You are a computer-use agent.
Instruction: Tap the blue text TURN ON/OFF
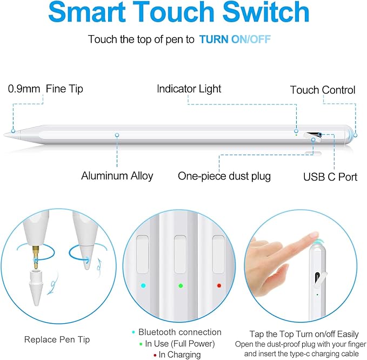pos(235,39)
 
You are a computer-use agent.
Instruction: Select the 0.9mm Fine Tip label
pos(46,89)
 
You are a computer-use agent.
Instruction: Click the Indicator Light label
pos(189,89)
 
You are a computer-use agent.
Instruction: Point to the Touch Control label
pos(323,90)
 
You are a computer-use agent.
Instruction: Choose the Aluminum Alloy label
pos(117,176)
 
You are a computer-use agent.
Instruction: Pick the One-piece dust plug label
pos(224,176)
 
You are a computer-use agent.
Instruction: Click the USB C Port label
pos(330,176)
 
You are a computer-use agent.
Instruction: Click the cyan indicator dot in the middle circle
pos(143,285)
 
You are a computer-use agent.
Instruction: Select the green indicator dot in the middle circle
pos(181,285)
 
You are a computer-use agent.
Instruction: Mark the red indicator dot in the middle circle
pos(218,285)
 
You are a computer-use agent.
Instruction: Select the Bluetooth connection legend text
pos(179,332)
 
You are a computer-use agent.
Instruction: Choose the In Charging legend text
pos(179,355)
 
